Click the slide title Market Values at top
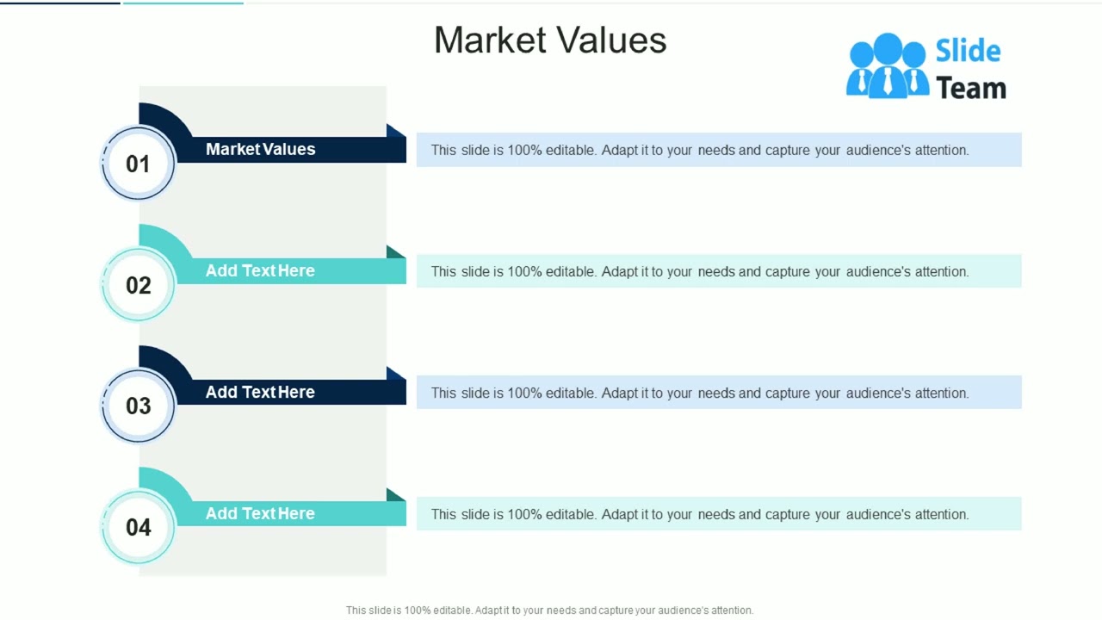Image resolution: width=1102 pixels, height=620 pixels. tap(550, 40)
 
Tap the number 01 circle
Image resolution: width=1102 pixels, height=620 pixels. tap(138, 164)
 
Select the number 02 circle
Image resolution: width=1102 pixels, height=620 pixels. tap(138, 285)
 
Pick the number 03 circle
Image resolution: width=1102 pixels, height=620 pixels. tap(138, 406)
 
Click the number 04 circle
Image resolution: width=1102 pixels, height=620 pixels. tap(138, 527)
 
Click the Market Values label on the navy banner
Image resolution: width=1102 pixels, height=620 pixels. tap(260, 149)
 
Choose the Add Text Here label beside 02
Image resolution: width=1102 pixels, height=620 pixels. tap(260, 270)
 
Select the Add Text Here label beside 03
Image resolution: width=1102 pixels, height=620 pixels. tap(260, 392)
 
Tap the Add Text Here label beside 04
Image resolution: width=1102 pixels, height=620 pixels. tap(260, 513)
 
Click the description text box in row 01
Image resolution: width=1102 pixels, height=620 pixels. tap(719, 150)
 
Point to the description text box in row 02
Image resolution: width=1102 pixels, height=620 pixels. tap(719, 271)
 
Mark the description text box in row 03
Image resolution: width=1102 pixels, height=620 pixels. tap(719, 393)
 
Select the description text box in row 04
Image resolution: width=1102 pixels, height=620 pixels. tap(719, 514)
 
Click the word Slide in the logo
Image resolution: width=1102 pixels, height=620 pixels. tap(968, 51)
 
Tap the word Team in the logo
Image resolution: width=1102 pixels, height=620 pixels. tap(970, 88)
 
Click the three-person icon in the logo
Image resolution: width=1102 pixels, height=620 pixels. tap(887, 65)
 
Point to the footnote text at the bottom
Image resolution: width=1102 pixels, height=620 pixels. tap(549, 610)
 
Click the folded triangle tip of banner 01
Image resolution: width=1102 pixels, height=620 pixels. tap(395, 131)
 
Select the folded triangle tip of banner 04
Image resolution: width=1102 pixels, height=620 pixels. tap(395, 495)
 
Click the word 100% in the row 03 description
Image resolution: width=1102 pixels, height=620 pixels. tap(524, 393)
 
